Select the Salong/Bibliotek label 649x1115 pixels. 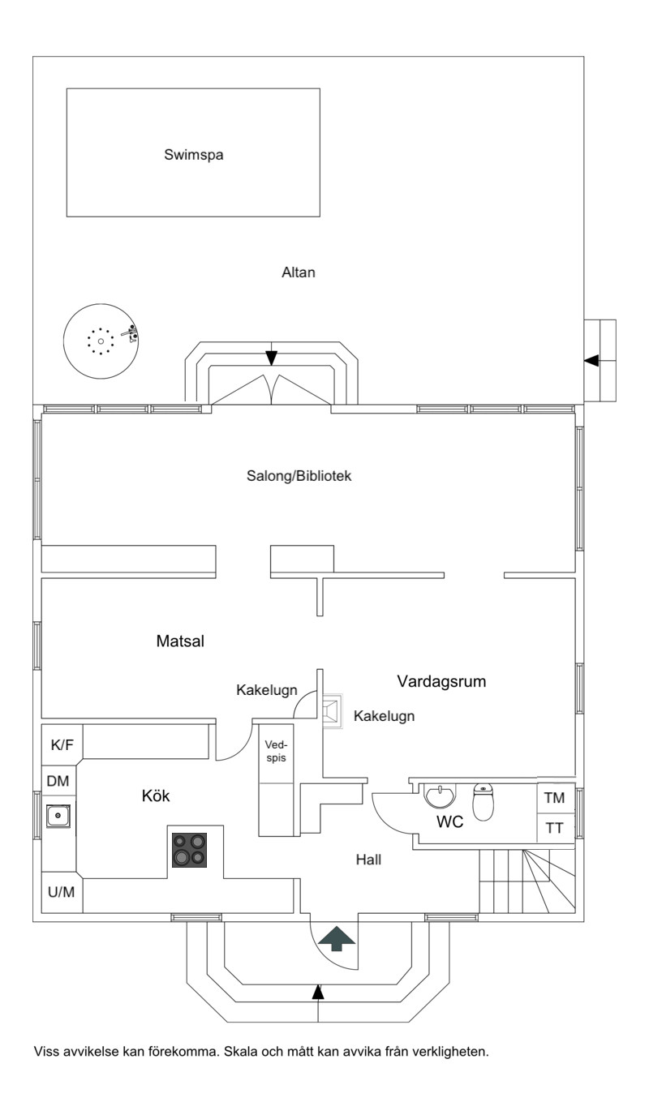point(299,476)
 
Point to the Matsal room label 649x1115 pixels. point(179,641)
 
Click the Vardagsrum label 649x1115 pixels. point(441,681)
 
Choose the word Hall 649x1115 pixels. point(368,859)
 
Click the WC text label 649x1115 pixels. point(449,822)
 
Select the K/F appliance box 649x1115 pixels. point(62,744)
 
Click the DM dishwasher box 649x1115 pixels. point(58,781)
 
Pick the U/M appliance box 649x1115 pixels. point(61,893)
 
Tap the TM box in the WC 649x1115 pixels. point(555,798)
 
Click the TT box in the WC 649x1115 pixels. point(555,828)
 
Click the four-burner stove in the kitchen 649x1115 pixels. point(188,849)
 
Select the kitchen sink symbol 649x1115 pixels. point(58,815)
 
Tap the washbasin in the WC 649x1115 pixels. point(441,796)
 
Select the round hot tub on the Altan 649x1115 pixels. point(101,341)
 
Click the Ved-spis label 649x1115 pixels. point(276,750)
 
